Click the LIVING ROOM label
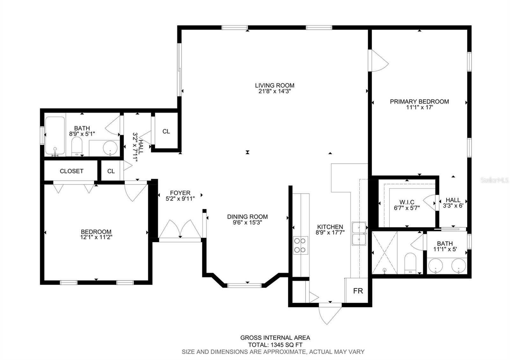tap(274, 86)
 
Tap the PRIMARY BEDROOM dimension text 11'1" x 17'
tap(419, 107)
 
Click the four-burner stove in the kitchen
tap(300, 245)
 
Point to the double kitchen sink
tap(359, 234)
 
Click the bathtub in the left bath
tap(55, 136)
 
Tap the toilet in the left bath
tap(77, 146)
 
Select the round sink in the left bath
tap(110, 148)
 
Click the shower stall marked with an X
tap(384, 253)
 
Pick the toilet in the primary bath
tap(410, 263)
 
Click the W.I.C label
tap(407, 202)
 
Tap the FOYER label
tap(180, 193)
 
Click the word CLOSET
tap(71, 171)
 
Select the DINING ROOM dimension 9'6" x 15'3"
tap(247, 222)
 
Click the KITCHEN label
tap(330, 227)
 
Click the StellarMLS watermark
tap(494, 180)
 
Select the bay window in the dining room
tap(244, 285)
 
